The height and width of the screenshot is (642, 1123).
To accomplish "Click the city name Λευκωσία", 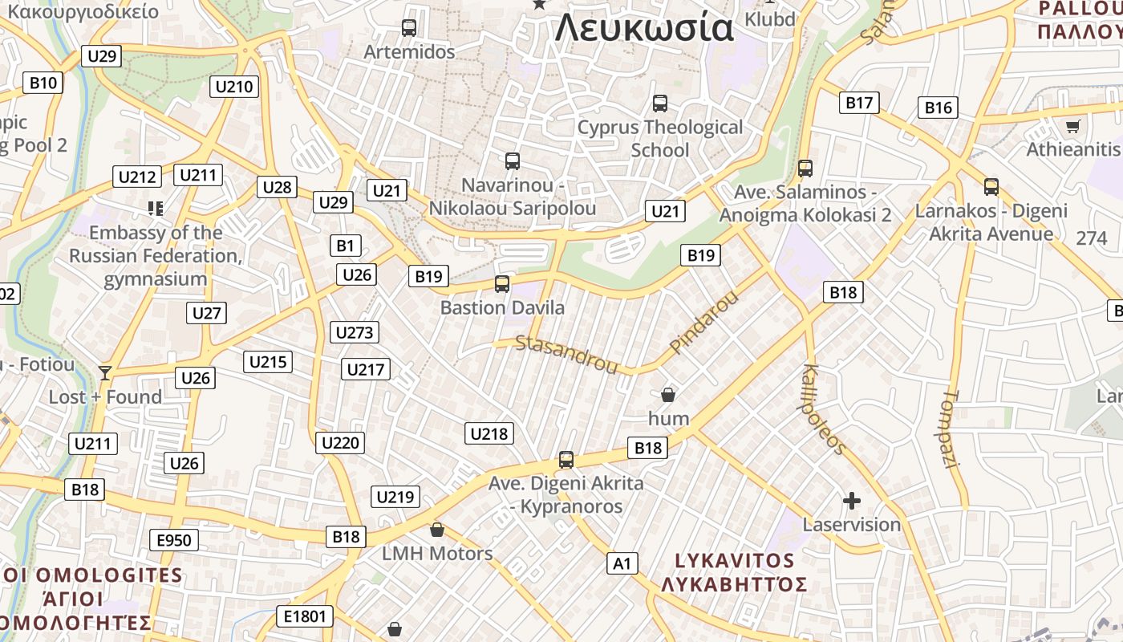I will pyautogui.click(x=644, y=29).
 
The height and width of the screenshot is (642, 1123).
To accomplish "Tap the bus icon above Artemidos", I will pyautogui.click(x=409, y=28).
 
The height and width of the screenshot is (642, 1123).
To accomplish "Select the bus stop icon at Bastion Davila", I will pyautogui.click(x=502, y=284).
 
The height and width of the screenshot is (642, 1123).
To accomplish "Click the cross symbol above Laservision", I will pyautogui.click(x=852, y=502).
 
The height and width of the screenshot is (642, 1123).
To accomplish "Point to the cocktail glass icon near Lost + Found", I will pyautogui.click(x=104, y=372).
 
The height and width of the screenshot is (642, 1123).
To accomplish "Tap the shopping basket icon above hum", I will pyautogui.click(x=667, y=395).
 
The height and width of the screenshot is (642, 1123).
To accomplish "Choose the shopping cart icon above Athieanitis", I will pyautogui.click(x=1072, y=126).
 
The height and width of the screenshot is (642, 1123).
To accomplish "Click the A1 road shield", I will pyautogui.click(x=622, y=563).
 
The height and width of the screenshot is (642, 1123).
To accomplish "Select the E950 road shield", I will pyautogui.click(x=174, y=540).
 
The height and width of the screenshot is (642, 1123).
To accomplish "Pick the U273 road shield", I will pyautogui.click(x=355, y=332).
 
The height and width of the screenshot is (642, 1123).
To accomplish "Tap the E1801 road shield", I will pyautogui.click(x=306, y=616).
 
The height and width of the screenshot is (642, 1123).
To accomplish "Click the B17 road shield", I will pyautogui.click(x=859, y=103).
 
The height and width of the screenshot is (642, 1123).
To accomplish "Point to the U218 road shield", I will pyautogui.click(x=489, y=434).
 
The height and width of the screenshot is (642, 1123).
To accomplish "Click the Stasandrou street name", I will pyautogui.click(x=566, y=355).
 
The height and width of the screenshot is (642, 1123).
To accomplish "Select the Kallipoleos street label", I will pyautogui.click(x=823, y=409).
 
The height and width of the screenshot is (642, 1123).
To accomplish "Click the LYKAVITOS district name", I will pyautogui.click(x=734, y=561).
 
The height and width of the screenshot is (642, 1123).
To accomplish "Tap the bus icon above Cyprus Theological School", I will pyautogui.click(x=660, y=104).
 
